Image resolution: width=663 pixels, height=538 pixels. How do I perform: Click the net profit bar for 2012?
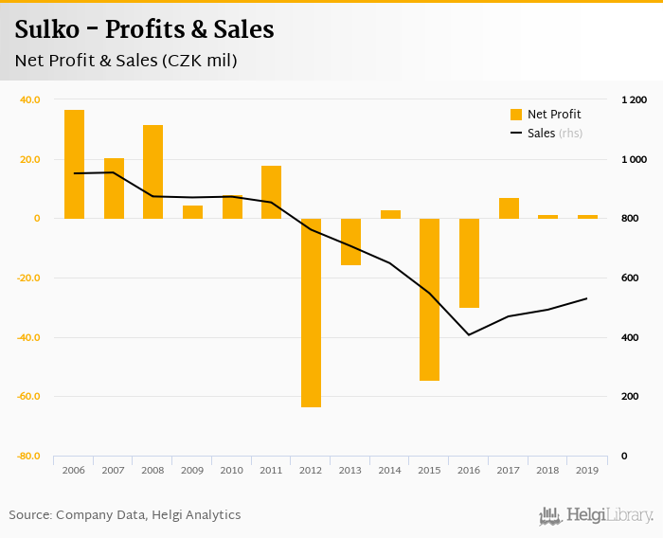311,313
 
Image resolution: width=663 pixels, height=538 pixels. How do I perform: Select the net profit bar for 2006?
74,164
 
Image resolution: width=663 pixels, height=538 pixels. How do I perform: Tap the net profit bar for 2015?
430,299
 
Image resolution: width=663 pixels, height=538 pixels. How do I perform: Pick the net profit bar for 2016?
469,262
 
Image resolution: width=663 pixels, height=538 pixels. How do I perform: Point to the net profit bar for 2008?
152,171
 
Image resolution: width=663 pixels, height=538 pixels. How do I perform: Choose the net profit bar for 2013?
350,242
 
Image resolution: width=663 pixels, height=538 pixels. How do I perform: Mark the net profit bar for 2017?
509,208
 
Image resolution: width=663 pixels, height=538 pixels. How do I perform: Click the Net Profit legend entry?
546,115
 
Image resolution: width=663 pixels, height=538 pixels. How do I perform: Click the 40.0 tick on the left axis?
29,99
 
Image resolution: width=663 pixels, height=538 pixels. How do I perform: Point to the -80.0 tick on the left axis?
27,457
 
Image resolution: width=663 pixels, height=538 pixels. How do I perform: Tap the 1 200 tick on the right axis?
634,99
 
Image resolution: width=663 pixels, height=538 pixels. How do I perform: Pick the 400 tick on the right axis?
630,337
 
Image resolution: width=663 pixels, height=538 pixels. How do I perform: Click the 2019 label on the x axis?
587,470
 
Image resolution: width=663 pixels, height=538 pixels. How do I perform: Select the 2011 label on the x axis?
271,470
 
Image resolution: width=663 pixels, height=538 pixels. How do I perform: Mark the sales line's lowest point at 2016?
469,334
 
